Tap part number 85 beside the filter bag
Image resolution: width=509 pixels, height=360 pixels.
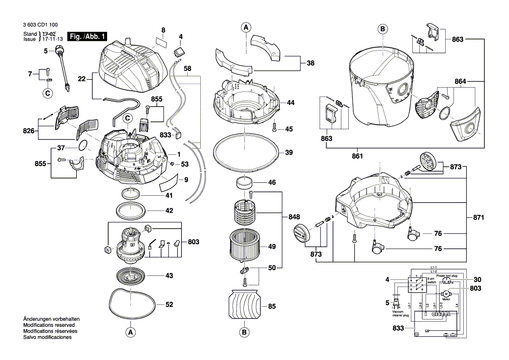click(x=272, y=306)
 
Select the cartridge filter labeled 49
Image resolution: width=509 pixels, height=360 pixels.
click(x=244, y=246)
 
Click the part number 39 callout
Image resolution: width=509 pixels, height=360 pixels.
click(x=289, y=153)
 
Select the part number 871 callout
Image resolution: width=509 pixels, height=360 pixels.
click(x=479, y=217)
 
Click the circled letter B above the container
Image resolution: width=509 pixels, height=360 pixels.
click(x=382, y=29)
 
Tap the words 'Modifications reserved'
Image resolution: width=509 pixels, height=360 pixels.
click(x=49, y=325)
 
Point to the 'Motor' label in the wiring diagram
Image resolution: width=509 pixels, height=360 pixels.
click(x=446, y=300)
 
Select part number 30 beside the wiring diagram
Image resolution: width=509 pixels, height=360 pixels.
click(x=478, y=279)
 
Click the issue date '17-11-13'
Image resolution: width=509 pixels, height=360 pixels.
click(x=52, y=39)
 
